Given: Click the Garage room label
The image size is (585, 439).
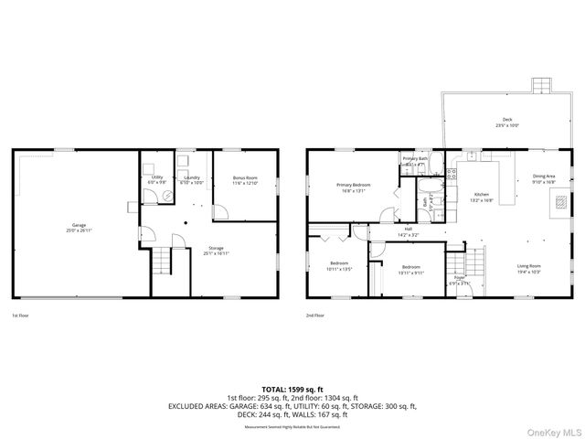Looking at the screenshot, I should pyautogui.click(x=80, y=227).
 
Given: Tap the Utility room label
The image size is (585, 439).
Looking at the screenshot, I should pyautogui.click(x=156, y=179).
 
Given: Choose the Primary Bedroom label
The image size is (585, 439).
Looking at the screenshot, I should pyautogui.click(x=351, y=188).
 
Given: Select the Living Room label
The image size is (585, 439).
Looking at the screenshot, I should pyautogui.click(x=529, y=269).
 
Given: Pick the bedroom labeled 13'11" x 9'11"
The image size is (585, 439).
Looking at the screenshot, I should pyautogui.click(x=410, y=270).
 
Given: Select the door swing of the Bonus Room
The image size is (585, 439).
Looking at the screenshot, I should pyautogui.click(x=219, y=210).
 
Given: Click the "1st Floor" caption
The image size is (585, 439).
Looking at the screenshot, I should pyautogui.click(x=21, y=316).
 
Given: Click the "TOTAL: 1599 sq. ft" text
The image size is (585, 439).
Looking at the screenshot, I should pyautogui.click(x=292, y=389).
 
